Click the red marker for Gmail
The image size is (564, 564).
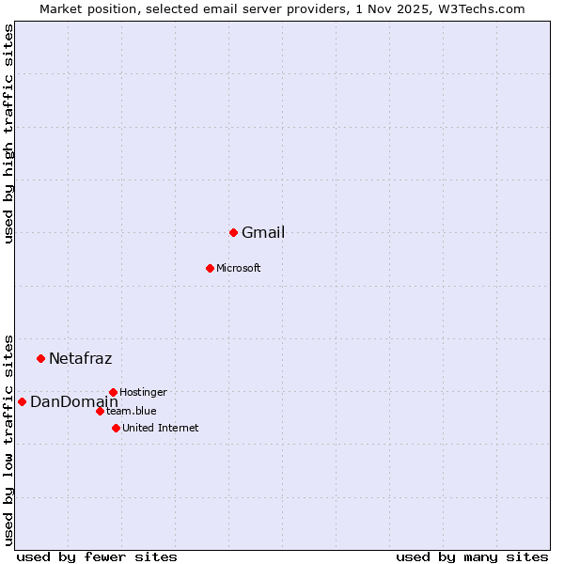tap(233, 232)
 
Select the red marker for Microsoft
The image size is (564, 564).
tap(210, 268)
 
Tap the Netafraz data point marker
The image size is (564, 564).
tap(40, 358)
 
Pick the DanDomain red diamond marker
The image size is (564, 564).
tap(22, 401)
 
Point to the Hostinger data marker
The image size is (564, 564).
tap(113, 392)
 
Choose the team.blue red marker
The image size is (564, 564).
tap(100, 411)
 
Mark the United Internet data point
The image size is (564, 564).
tap(116, 428)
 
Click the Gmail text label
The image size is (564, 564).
tap(263, 233)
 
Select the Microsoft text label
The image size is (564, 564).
tap(239, 269)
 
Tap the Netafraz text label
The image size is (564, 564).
tap(81, 358)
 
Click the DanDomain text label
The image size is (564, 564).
tap(74, 402)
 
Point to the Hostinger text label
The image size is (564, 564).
tap(144, 392)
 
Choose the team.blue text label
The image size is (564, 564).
tap(132, 411)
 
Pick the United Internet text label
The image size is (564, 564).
tap(161, 429)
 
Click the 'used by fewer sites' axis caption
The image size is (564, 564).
tap(97, 556)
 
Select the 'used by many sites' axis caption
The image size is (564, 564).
tap(472, 556)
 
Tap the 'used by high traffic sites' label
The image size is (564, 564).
tap(9, 133)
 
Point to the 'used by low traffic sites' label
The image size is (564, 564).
tap(9, 440)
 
